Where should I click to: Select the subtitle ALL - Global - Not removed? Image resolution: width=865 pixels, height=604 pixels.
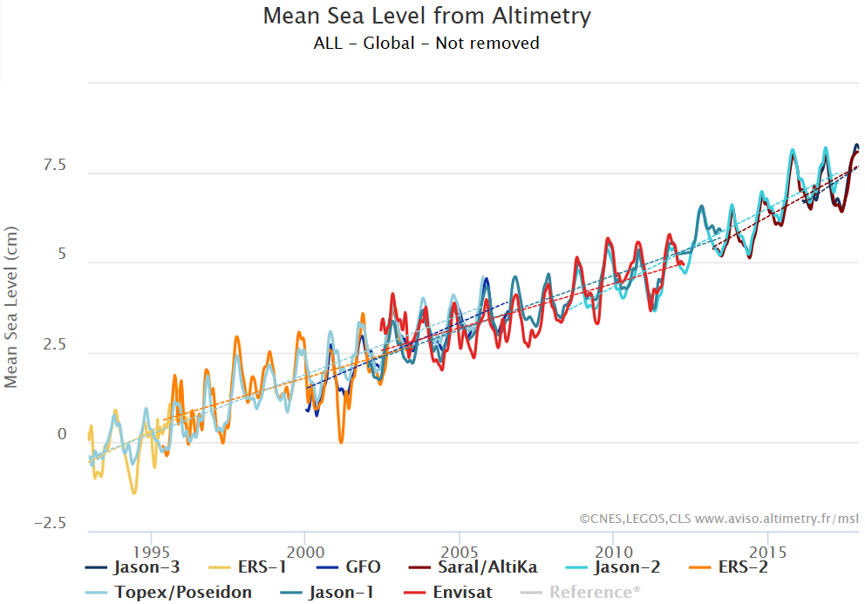(x=426, y=43)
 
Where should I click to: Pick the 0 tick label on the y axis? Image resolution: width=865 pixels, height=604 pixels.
(x=62, y=434)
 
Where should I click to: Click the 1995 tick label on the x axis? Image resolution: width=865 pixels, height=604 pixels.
(x=151, y=553)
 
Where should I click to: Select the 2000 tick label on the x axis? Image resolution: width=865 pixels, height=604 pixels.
(x=305, y=553)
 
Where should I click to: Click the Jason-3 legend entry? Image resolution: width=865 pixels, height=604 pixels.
(x=139, y=567)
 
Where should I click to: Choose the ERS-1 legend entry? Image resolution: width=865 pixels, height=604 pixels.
(x=253, y=567)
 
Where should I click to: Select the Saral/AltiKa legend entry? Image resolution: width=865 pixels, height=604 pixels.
(x=485, y=567)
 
